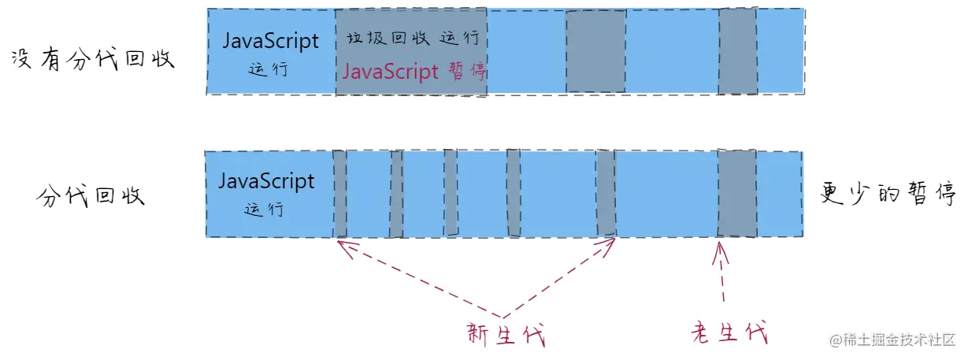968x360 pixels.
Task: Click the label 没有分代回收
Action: point(92,60)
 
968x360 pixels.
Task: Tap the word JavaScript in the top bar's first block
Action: point(271,41)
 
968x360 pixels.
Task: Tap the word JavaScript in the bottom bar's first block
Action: point(266,181)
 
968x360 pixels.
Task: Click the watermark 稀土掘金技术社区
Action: point(894,340)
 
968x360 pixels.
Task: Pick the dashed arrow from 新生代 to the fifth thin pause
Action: point(559,276)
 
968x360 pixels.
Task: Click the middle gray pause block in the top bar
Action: point(596,51)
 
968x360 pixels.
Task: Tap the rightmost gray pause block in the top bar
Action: point(737,51)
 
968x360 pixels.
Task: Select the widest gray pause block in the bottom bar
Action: point(737,193)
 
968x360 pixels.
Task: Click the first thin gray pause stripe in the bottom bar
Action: point(339,193)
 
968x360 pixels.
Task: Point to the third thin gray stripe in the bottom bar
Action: point(451,193)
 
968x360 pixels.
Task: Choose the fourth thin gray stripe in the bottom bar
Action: point(513,193)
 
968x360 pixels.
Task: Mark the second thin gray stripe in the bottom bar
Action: point(396,193)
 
